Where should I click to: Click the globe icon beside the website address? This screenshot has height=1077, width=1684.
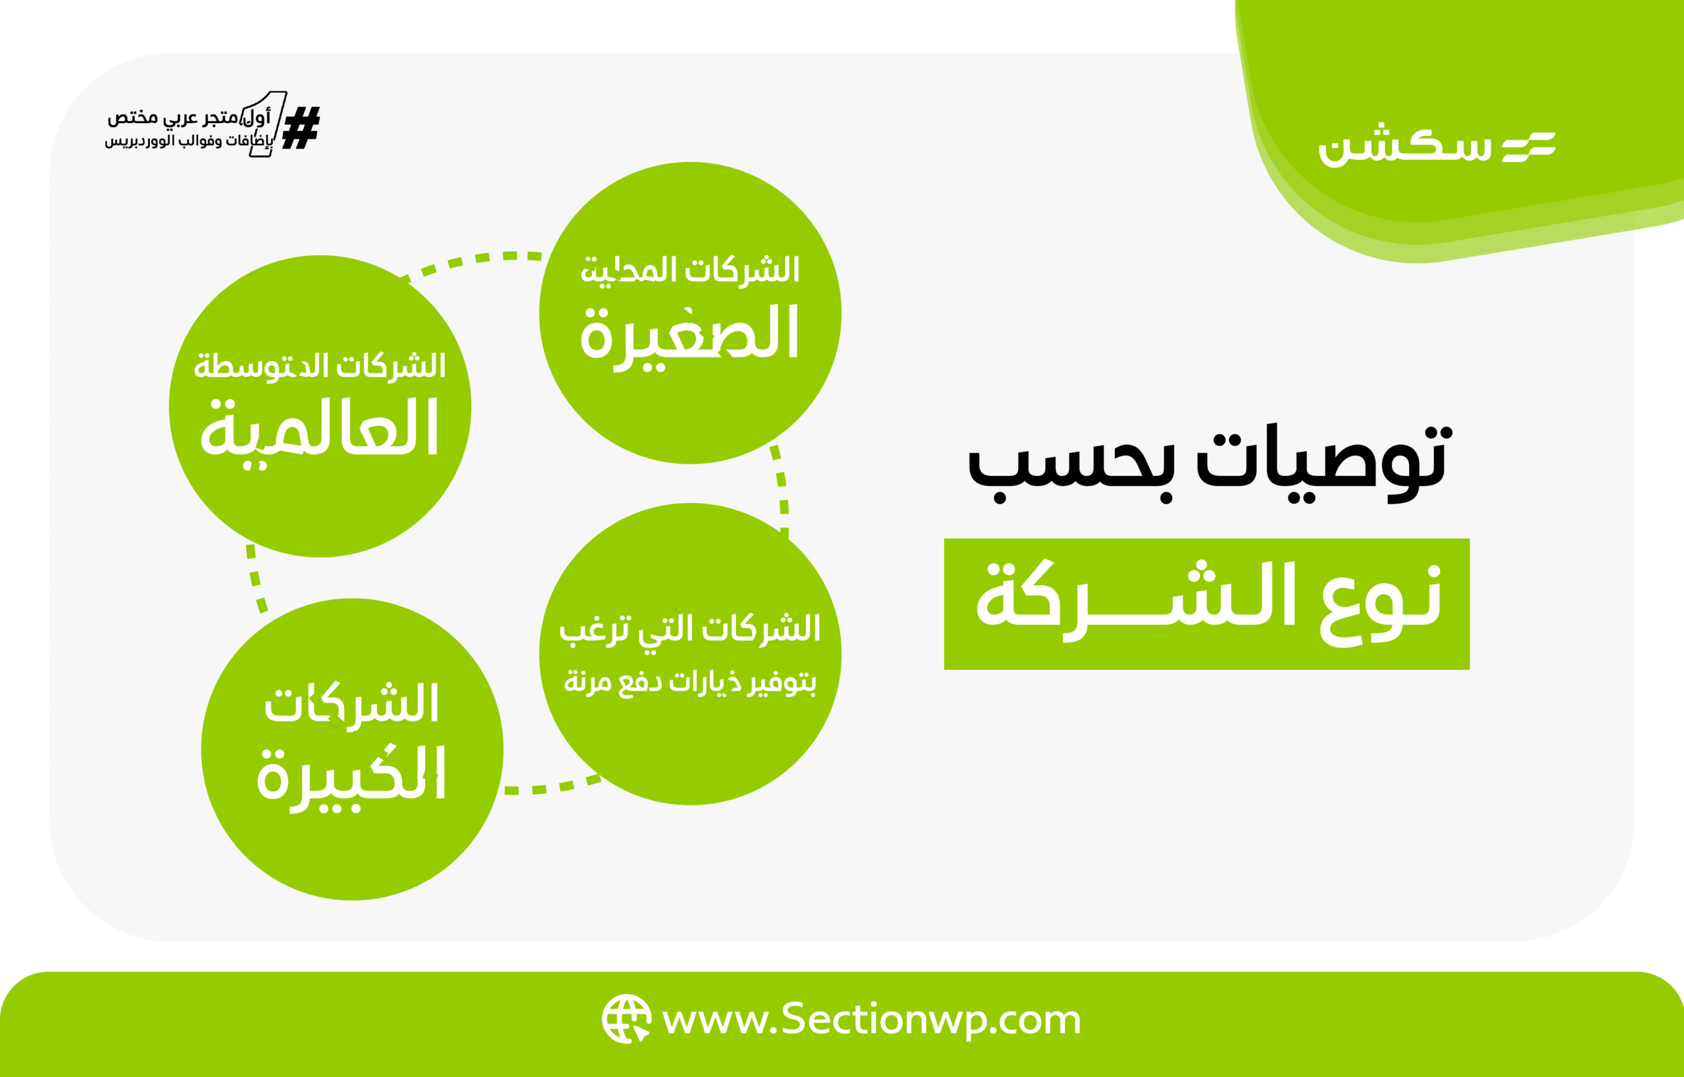tap(626, 1019)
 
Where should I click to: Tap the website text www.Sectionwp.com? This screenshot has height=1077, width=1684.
tap(871, 1020)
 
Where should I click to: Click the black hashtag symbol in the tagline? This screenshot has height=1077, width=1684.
tap(301, 128)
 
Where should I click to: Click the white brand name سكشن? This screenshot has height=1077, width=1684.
tap(1404, 145)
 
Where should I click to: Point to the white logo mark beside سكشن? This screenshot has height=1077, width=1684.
tap(1529, 147)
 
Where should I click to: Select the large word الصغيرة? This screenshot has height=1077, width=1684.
tap(689, 334)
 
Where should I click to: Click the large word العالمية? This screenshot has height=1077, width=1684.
tap(320, 429)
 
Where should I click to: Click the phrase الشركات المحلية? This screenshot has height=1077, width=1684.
tap(690, 270)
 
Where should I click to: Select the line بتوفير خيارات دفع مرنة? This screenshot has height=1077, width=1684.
tap(690, 682)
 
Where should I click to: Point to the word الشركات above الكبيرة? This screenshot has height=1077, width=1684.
tap(351, 703)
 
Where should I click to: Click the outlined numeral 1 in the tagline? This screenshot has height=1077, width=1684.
tap(269, 124)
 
